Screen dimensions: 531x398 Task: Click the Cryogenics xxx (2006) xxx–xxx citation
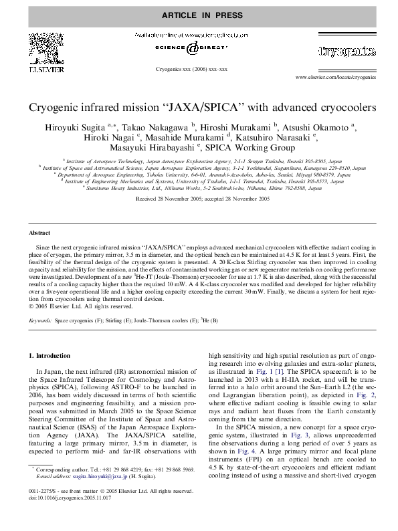[191, 69]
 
